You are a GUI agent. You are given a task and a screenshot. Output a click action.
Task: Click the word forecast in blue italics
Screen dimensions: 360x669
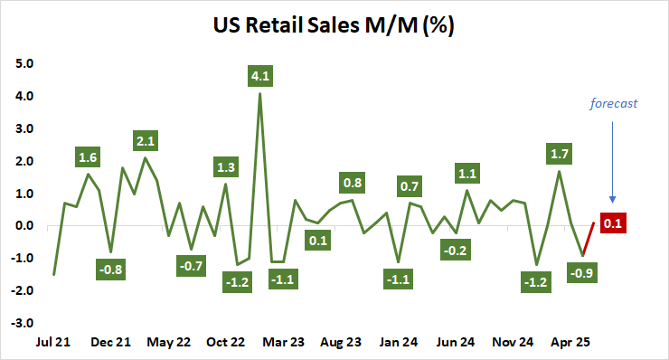614,103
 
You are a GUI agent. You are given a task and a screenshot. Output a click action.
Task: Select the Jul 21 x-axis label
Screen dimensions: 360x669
54,343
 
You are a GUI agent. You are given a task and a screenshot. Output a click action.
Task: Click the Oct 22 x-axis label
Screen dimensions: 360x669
226,343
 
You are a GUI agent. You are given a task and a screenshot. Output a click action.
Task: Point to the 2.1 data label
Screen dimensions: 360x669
146,140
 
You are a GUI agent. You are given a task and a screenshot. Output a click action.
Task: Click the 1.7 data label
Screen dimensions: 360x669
560,154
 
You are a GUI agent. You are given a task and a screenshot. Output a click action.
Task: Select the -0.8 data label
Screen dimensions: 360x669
110,269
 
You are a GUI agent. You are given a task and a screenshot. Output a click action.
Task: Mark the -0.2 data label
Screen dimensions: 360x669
456,251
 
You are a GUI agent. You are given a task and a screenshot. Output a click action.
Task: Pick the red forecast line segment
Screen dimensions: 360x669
588,239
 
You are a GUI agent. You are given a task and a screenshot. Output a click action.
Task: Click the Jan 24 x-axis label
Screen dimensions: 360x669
398,343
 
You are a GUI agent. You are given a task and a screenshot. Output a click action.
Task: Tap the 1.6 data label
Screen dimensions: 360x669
89,156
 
